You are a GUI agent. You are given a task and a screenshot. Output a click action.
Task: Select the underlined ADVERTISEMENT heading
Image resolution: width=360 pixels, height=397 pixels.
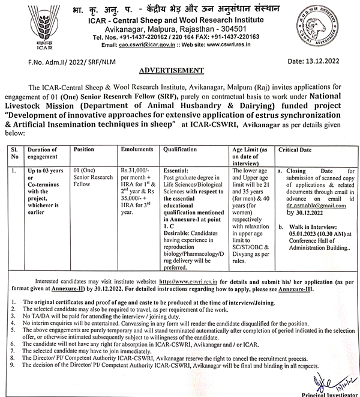(x=180, y=70)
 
